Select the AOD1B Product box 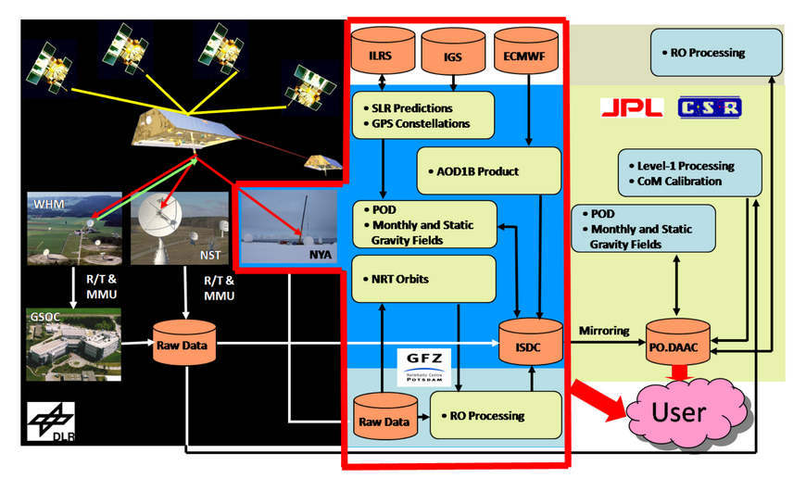click(x=489, y=171)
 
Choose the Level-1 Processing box click(x=690, y=173)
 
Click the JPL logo click(x=632, y=107)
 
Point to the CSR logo click(x=710, y=107)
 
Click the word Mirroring click(x=604, y=330)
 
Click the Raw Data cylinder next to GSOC click(x=185, y=342)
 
